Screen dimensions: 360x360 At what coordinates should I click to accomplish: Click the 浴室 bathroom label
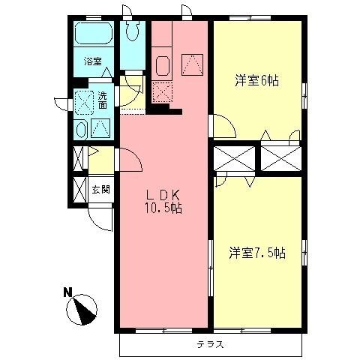[92, 63]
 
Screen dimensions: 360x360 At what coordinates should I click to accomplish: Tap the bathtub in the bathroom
[93, 34]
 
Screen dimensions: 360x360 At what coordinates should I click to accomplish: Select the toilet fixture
[133, 31]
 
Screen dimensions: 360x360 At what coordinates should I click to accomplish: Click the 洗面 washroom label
[102, 100]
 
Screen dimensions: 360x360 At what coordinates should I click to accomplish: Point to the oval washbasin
[81, 127]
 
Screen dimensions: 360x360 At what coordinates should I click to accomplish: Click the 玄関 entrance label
[100, 190]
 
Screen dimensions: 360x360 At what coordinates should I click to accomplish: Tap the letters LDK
[163, 193]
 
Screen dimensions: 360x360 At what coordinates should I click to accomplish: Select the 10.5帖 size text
[163, 207]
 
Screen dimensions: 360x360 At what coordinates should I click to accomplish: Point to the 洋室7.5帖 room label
[256, 253]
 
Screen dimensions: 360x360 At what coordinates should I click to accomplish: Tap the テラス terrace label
[211, 345]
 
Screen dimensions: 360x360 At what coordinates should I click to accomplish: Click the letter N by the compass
[67, 292]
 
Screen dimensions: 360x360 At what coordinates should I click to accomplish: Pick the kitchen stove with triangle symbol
[192, 65]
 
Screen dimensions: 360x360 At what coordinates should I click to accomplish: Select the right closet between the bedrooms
[278, 157]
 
